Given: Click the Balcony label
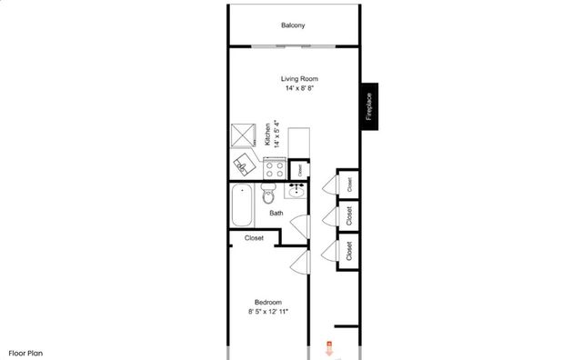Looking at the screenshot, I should (x=292, y=25).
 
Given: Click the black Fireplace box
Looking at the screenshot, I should (x=369, y=106).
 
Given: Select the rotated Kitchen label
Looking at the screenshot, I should (x=268, y=135).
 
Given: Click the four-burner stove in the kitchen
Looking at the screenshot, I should (x=274, y=168).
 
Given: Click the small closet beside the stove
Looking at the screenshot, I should (x=300, y=168).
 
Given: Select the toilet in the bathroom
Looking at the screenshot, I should (x=269, y=195).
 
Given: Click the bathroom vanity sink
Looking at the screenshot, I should (x=296, y=191).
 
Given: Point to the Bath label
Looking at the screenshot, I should (x=276, y=214).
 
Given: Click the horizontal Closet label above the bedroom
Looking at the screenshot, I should (x=254, y=238).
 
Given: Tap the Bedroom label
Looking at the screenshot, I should (x=267, y=302).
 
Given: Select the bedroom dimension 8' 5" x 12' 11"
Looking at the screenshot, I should (x=267, y=312).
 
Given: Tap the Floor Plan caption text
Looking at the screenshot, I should (x=26, y=352).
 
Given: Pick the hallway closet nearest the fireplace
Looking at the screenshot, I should (x=349, y=182).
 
